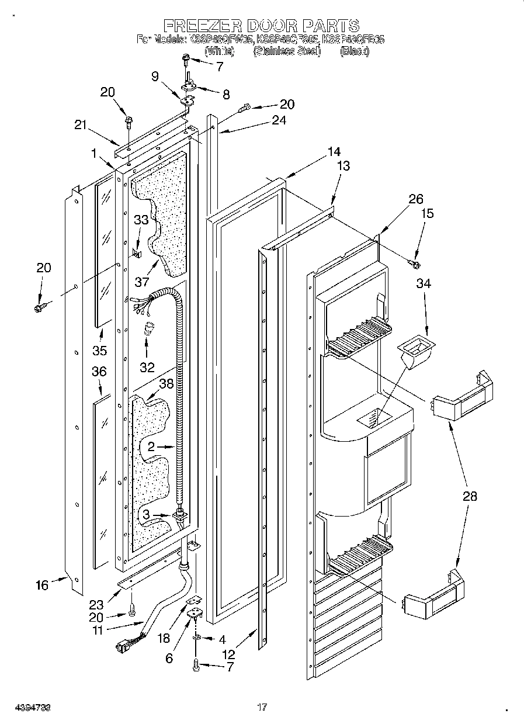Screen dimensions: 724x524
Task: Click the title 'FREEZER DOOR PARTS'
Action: point(261,25)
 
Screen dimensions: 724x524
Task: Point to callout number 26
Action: point(415,199)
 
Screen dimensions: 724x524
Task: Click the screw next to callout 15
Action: point(416,264)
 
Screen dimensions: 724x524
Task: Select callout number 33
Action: point(141,220)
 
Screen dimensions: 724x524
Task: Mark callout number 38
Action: point(166,384)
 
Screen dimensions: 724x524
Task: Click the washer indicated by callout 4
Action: point(197,638)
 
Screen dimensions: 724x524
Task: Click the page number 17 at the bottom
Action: point(262,708)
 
